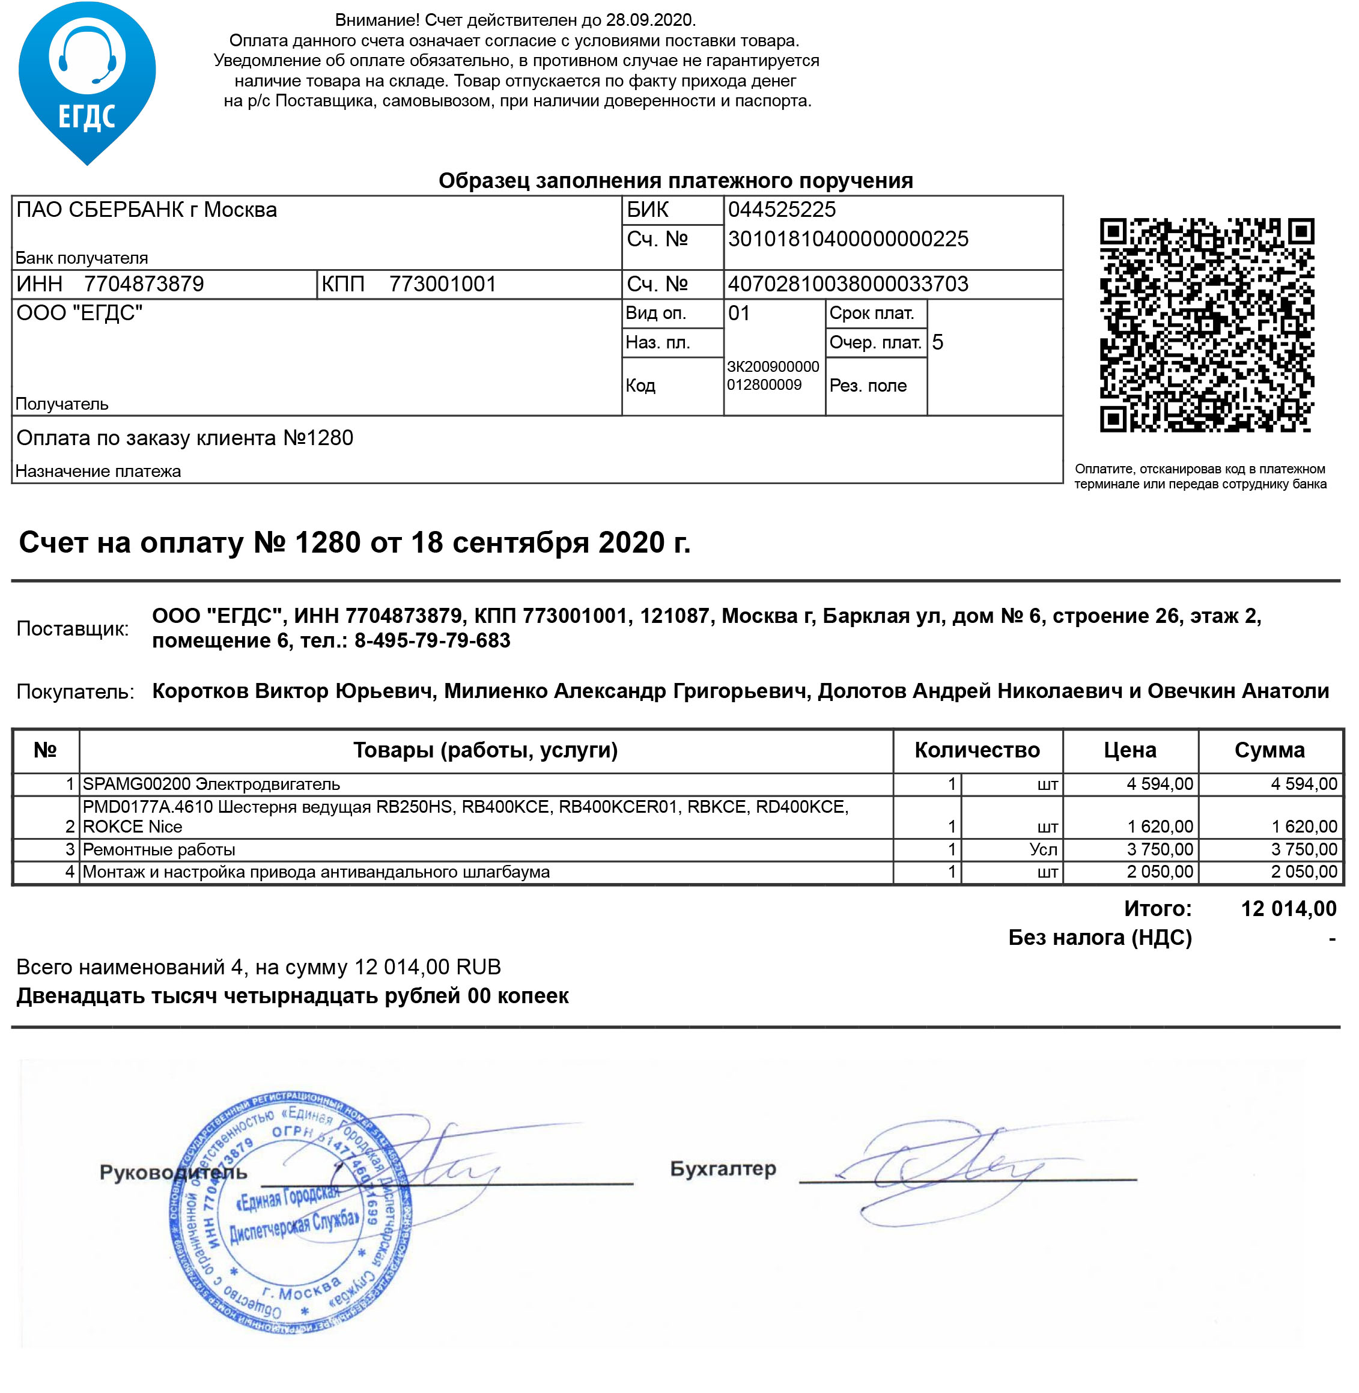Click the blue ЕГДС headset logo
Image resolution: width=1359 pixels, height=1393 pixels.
pos(87,82)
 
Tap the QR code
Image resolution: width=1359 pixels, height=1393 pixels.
pos(1206,326)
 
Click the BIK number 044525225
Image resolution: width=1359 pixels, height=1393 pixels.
pos(782,210)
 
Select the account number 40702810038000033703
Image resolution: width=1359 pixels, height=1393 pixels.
pos(848,284)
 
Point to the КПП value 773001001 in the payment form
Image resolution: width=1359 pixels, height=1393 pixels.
pos(443,284)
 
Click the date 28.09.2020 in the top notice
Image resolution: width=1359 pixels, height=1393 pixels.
pos(650,20)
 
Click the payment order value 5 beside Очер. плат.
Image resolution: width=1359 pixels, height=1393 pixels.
pos(937,342)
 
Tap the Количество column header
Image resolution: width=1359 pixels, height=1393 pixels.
pos(976,750)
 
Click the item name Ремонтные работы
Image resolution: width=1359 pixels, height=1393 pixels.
pos(159,849)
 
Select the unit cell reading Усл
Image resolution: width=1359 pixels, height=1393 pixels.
pos(1043,849)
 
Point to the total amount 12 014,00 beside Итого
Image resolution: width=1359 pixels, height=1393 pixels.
pos(1288,908)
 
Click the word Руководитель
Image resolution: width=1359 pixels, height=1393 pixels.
pos(174,1173)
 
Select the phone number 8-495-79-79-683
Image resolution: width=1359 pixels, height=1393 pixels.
pos(433,641)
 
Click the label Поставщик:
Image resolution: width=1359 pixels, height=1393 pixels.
pos(73,629)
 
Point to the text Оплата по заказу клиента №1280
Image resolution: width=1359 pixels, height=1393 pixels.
pos(185,438)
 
